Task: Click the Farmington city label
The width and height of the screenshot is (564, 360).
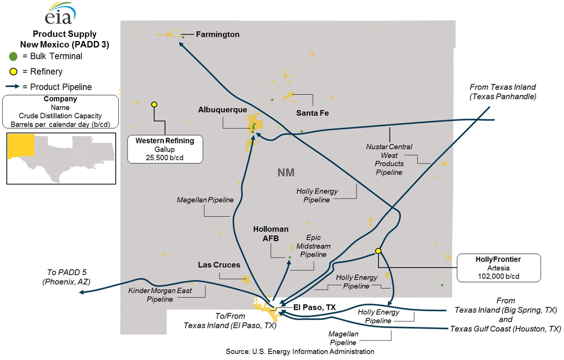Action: click(x=218, y=34)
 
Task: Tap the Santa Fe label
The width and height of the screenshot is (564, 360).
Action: click(x=312, y=113)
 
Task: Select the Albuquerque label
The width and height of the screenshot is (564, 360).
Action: click(x=222, y=110)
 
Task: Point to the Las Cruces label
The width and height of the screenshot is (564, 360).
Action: click(x=219, y=265)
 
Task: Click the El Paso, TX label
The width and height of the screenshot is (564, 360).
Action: click(x=314, y=307)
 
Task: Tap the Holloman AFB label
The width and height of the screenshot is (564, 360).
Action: click(x=271, y=234)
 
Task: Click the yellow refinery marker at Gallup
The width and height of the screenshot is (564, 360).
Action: click(x=154, y=104)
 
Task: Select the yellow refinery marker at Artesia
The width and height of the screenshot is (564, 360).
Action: click(x=378, y=251)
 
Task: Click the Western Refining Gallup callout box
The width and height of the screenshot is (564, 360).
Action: click(x=165, y=149)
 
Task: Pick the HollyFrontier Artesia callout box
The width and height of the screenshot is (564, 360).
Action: click(x=498, y=268)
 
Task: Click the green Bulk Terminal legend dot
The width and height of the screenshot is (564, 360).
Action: click(x=13, y=57)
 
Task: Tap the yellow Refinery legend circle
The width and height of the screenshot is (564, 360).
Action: click(x=13, y=72)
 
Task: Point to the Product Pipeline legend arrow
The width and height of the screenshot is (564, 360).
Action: click(x=12, y=86)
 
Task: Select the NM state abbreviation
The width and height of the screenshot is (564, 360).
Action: click(x=286, y=173)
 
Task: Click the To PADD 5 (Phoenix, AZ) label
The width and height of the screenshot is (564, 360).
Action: click(x=66, y=277)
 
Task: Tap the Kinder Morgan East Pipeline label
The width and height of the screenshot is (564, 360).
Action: click(x=160, y=295)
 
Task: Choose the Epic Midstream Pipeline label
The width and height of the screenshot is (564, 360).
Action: click(x=313, y=246)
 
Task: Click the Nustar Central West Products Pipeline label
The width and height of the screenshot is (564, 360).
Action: click(x=389, y=159)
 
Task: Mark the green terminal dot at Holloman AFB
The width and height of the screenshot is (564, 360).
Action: click(x=290, y=257)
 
